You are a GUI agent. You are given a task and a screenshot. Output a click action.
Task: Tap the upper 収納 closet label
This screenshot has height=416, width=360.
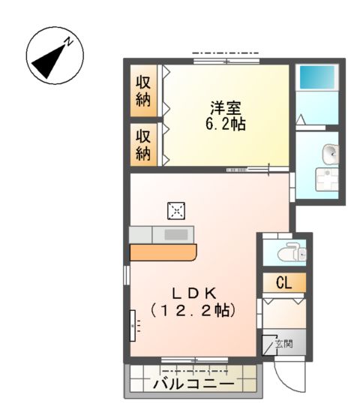(142, 92)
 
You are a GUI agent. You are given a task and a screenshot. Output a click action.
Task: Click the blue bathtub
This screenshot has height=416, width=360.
(317, 78)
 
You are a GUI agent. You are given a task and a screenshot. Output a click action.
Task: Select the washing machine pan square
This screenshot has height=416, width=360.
(326, 181)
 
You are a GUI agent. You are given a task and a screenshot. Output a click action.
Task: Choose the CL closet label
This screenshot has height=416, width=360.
(283, 283)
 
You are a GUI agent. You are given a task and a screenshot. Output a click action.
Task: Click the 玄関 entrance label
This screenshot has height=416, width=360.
(283, 344)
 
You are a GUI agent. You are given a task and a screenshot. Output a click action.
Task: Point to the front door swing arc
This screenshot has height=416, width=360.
(288, 375)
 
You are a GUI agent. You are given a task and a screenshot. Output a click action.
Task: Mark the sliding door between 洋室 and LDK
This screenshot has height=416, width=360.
(247, 170)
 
